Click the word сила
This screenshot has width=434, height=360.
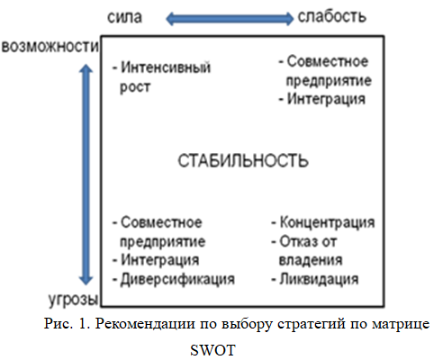coord(124,17)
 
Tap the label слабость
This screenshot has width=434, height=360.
coord(332,16)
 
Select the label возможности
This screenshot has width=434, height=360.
coord(50,47)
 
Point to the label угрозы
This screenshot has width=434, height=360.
coord(74,299)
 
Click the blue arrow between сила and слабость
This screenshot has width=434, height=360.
coord(230,19)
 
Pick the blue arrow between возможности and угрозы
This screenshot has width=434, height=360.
coord(86,175)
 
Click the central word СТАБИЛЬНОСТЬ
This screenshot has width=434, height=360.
coord(243,160)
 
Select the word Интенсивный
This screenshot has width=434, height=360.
coord(166,67)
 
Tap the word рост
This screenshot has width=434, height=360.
coord(135,87)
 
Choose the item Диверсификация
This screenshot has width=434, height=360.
coord(177,279)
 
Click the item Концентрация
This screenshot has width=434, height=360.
coord(327,222)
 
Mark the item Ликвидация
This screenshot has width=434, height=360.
coord(319,279)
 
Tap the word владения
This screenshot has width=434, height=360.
coord(311,260)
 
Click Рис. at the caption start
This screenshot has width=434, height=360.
coord(59,324)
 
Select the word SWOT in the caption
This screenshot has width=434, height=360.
coord(212,350)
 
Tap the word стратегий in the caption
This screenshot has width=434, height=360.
coord(312,324)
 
